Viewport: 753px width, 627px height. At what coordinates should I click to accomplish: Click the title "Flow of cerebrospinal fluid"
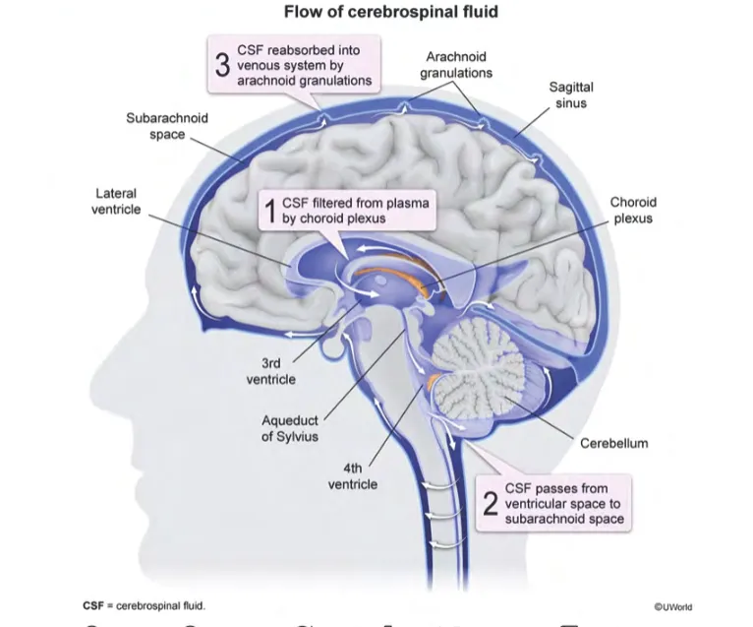(x=376, y=13)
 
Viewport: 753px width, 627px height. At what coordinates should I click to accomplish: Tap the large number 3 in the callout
(x=222, y=64)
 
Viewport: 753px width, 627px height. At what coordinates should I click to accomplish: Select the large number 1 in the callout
(x=265, y=209)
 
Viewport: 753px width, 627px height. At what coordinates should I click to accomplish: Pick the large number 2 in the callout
(x=490, y=503)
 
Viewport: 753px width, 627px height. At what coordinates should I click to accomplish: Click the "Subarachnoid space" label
(x=167, y=126)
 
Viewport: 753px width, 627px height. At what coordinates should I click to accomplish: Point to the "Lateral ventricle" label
(x=116, y=202)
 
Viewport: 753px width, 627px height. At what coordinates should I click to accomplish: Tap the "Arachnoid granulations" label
(x=456, y=65)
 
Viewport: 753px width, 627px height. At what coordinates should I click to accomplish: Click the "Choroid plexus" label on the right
(x=632, y=211)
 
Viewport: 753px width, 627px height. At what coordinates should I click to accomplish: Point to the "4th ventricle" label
(x=353, y=476)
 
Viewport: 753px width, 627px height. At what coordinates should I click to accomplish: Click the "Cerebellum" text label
(x=613, y=443)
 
